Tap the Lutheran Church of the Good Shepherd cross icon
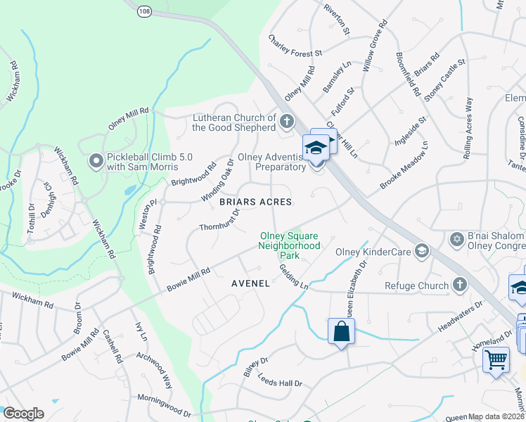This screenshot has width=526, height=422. [x=286, y=122]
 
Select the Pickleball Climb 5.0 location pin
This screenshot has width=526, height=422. [x=97, y=162]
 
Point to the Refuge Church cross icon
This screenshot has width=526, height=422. [x=459, y=285]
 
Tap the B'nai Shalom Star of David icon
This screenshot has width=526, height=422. [x=456, y=241]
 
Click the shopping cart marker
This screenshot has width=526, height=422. [x=496, y=359]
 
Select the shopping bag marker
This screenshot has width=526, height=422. [x=341, y=331]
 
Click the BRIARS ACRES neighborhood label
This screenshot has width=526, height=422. [x=255, y=202]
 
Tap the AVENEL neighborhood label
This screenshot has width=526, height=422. [x=250, y=283]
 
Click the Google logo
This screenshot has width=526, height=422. [x=23, y=413]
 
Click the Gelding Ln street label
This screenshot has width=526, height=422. [x=294, y=276]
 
